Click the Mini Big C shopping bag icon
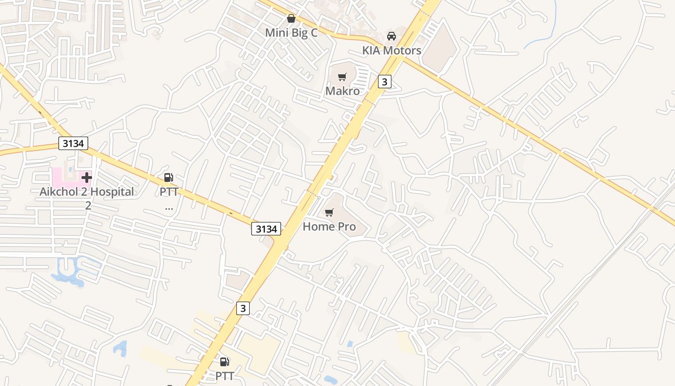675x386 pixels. [291, 19]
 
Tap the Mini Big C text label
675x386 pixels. [291, 33]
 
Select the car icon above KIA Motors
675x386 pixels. [391, 36]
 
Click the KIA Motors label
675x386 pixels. [391, 50]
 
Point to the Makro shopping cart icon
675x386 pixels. [342, 77]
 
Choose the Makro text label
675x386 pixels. [342, 91]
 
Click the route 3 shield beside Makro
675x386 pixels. [384, 82]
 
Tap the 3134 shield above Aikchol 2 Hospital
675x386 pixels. [73, 143]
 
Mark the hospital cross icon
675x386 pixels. [87, 178]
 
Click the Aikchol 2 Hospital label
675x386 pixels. [87, 192]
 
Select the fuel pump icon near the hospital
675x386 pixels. [169, 178]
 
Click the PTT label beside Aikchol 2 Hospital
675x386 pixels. [169, 192]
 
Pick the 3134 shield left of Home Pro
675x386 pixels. [266, 229]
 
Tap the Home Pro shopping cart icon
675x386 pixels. [329, 212]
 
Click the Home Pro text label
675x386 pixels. [329, 226]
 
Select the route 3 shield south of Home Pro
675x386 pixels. [243, 308]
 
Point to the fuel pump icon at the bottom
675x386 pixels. [225, 361]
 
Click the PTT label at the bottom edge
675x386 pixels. [225, 375]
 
